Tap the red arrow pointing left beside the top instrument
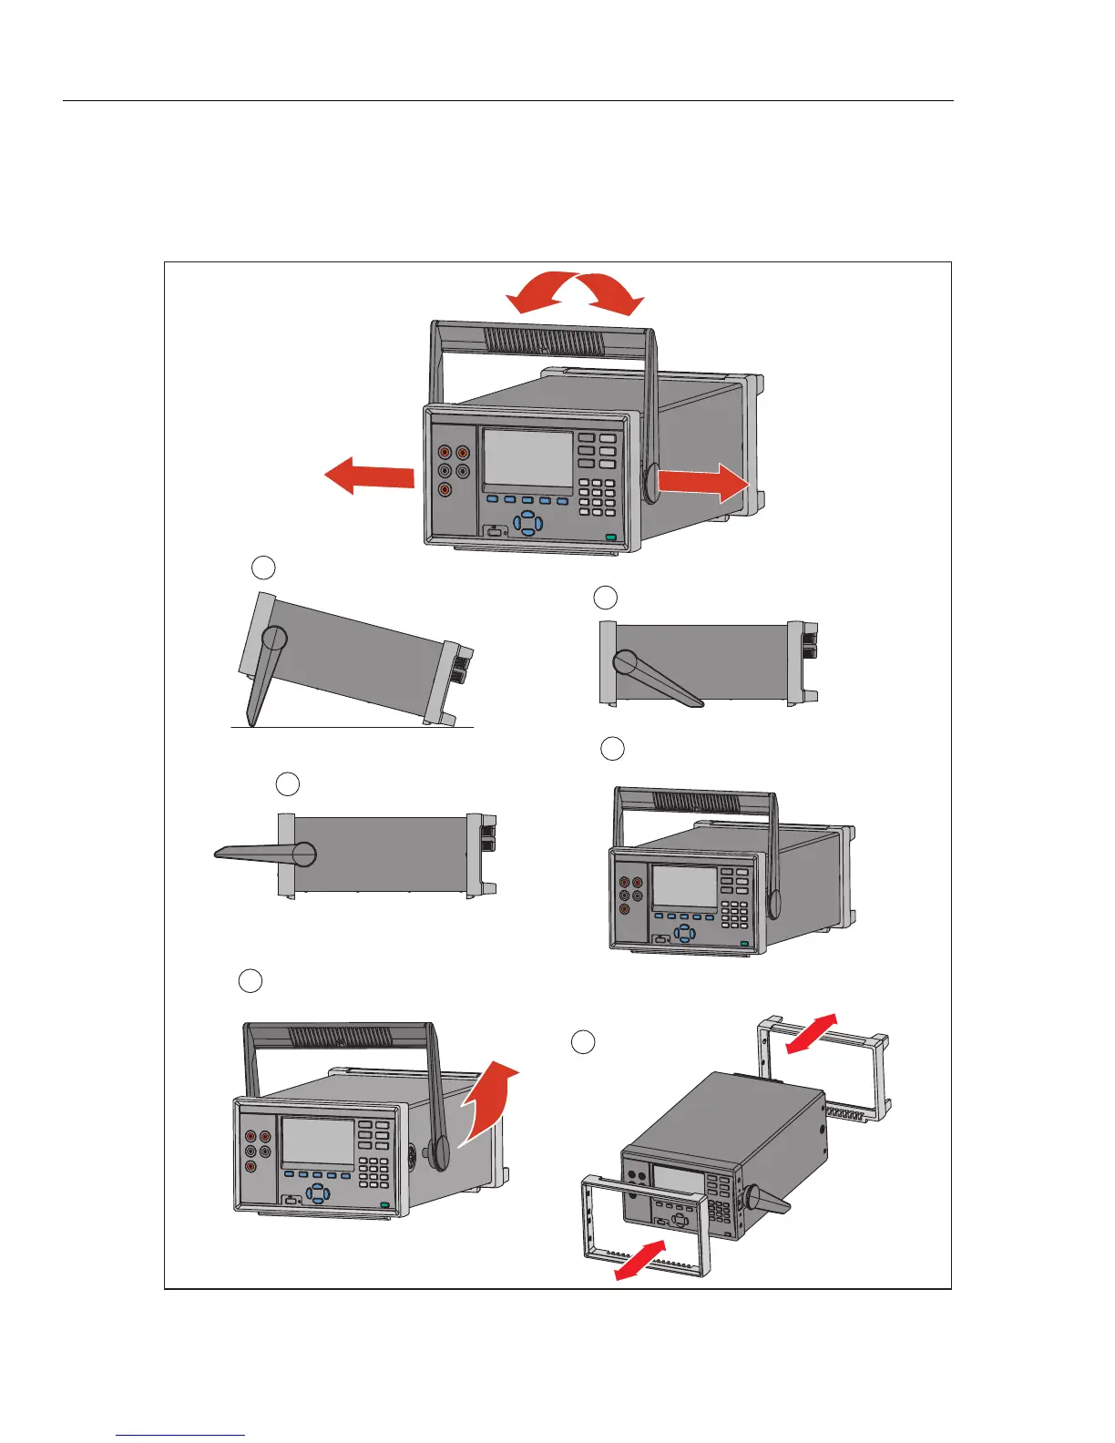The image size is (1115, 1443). (369, 476)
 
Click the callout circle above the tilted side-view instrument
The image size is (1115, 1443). (263, 568)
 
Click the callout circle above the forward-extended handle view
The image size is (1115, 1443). (288, 783)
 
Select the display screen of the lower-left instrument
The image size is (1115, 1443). (317, 1144)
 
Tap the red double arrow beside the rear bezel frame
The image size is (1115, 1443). (810, 1032)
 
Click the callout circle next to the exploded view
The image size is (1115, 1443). (584, 1042)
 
